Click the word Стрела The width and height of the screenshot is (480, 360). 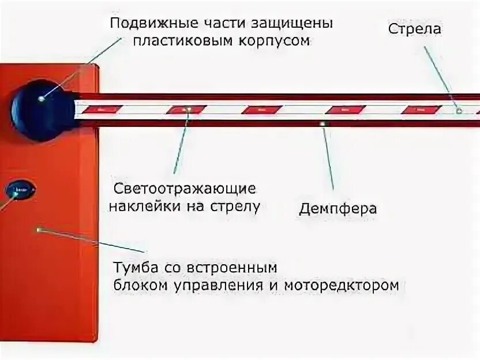coord(415,29)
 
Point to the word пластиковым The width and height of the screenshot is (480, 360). coord(177,41)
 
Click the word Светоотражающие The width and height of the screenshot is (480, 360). coord(185,189)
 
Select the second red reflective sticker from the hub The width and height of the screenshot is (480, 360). coord(186,109)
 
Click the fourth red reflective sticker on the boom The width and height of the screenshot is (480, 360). coord(345,109)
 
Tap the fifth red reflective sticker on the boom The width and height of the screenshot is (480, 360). coord(421,109)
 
